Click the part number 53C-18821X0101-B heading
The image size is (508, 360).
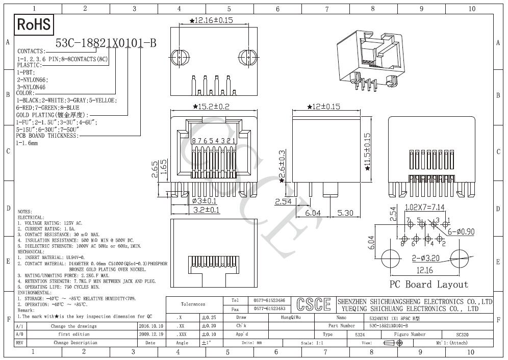coord(106,43)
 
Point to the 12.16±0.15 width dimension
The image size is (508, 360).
coord(211,20)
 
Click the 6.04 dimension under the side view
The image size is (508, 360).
coord(313,213)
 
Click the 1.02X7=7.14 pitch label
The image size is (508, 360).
coord(425,208)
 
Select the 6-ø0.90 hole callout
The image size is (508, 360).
coord(461,232)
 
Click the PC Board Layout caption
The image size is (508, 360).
coord(428,285)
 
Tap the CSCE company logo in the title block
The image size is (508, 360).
coord(313,304)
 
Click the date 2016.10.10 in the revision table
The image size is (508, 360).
coord(151,326)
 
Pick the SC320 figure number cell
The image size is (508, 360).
coord(462,335)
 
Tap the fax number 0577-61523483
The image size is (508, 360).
coord(269,308)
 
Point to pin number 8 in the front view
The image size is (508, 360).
coord(194,141)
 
